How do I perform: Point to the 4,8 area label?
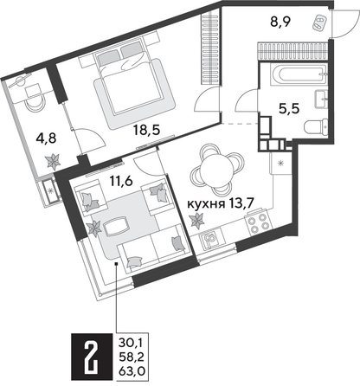pyautogui.click(x=30, y=134)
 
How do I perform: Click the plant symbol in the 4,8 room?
pyautogui.click(x=55, y=158)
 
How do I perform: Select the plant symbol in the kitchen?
pyautogui.click(x=196, y=220)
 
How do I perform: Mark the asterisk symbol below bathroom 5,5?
pyautogui.click(x=282, y=163)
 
